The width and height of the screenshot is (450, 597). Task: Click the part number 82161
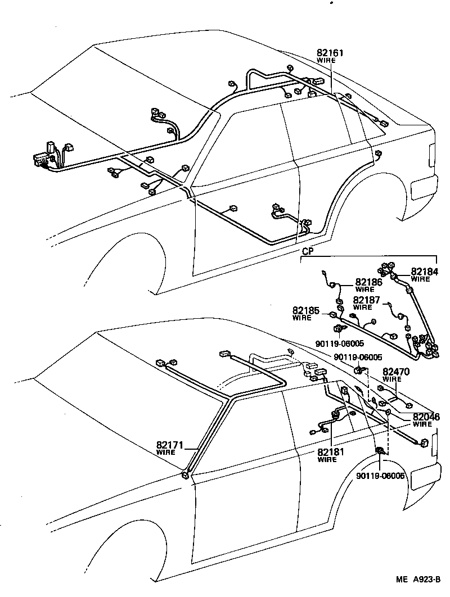pyautogui.click(x=330, y=53)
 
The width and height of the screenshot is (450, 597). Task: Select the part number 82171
pyautogui.click(x=170, y=445)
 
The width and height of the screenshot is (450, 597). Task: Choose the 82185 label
pyautogui.click(x=305, y=310)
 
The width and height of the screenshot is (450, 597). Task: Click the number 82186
pyautogui.click(x=368, y=282)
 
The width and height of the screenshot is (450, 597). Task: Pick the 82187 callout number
pyautogui.click(x=367, y=300)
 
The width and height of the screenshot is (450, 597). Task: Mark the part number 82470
pyautogui.click(x=397, y=372)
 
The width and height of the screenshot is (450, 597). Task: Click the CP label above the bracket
pyautogui.click(x=307, y=252)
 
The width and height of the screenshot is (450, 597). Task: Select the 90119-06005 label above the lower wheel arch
pyautogui.click(x=380, y=476)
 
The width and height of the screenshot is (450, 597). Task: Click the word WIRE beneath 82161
pyautogui.click(x=326, y=60)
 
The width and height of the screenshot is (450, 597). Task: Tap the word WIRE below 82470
pyautogui.click(x=391, y=379)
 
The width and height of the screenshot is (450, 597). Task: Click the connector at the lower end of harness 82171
pyautogui.click(x=185, y=476)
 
